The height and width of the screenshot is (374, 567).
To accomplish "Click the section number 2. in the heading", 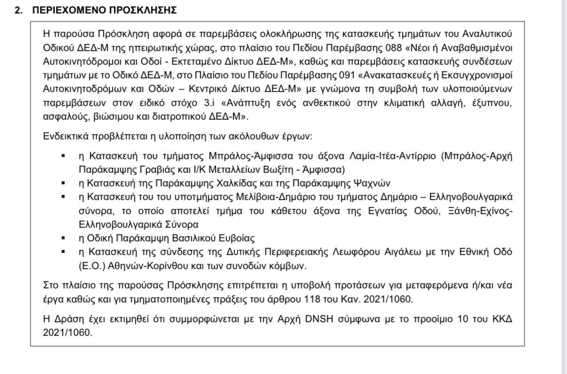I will (18, 9).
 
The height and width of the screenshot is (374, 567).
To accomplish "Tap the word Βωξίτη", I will (267, 169).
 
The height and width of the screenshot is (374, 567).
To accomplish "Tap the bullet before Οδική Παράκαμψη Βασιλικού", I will (63, 238).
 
